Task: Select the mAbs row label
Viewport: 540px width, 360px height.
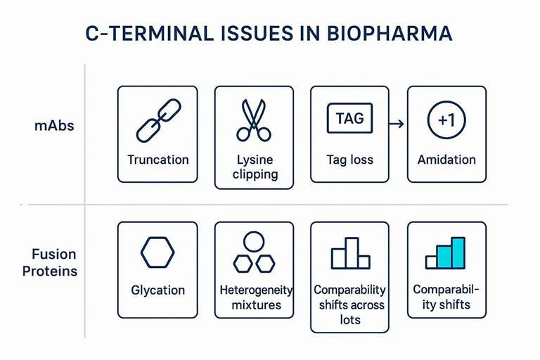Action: (x=54, y=127)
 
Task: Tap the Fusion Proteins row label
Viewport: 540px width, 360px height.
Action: (x=55, y=263)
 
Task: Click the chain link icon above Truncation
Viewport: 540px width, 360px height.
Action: (x=157, y=120)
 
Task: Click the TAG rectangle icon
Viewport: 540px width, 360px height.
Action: (x=349, y=118)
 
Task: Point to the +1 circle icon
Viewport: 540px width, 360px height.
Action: (x=446, y=120)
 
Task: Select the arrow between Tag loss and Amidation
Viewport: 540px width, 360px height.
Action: (x=396, y=124)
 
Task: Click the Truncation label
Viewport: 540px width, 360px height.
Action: (x=157, y=160)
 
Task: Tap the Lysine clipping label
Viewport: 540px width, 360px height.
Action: (x=254, y=167)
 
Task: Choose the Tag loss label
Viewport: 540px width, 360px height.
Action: (x=349, y=160)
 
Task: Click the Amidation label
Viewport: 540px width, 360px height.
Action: (x=446, y=160)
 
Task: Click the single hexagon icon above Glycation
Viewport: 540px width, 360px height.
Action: (x=157, y=252)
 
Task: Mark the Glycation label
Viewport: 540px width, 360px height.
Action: (x=157, y=290)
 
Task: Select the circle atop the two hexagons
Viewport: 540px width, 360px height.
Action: (x=254, y=242)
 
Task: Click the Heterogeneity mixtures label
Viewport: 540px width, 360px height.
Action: (x=255, y=297)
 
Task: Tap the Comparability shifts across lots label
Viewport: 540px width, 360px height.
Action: (x=349, y=304)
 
